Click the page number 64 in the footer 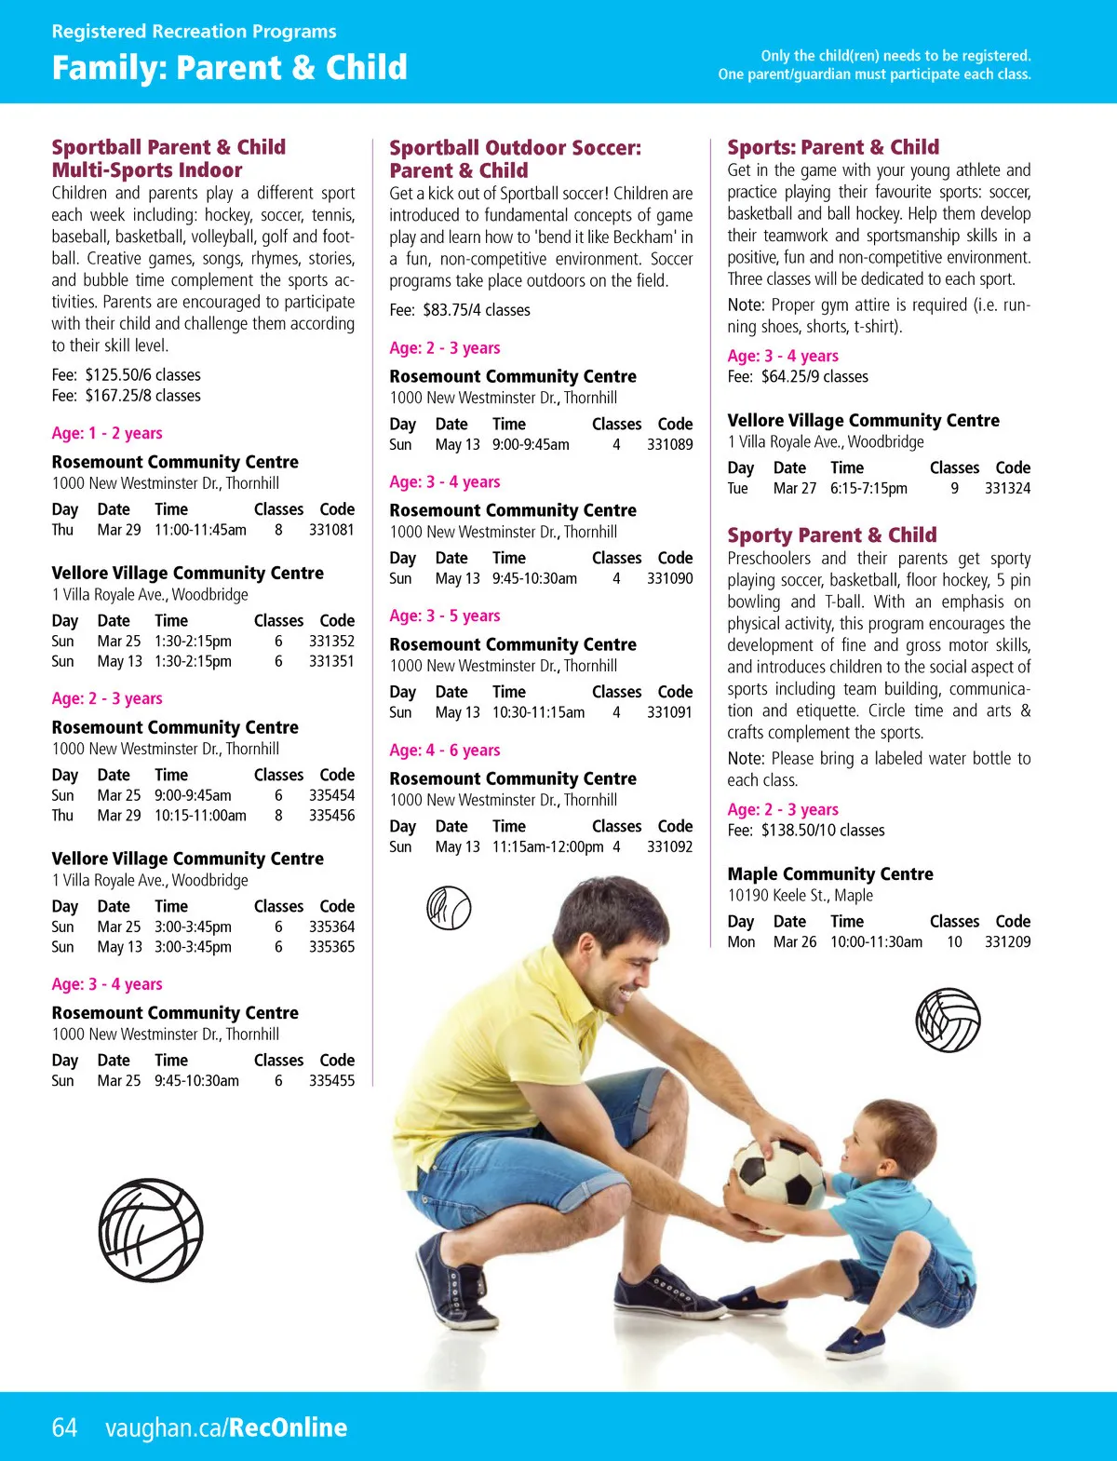point(64,1427)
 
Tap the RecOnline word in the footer point(288,1427)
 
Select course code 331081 point(331,530)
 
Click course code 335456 point(331,816)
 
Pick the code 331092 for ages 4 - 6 point(669,847)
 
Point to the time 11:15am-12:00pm point(547,847)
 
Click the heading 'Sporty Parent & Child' point(831,535)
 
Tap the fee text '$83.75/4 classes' point(476,310)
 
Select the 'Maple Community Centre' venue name point(829,874)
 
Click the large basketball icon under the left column point(151,1231)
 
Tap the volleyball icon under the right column point(948,1020)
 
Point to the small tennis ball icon point(449,908)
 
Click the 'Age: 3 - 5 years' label point(444,616)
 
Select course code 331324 point(1007,489)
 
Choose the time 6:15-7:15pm point(868,489)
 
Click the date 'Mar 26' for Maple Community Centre point(794,942)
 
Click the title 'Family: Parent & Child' point(229,68)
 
